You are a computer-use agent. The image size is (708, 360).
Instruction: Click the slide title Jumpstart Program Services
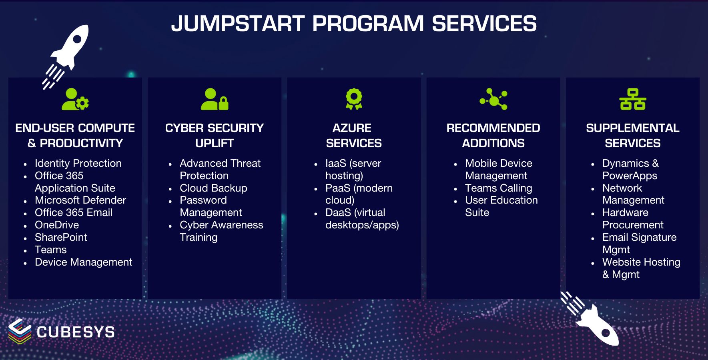click(354, 24)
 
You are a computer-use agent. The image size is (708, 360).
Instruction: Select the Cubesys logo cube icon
click(20, 331)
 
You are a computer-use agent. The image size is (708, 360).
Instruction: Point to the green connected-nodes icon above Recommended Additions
click(494, 99)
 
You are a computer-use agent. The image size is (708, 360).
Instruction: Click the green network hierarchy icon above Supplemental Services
click(632, 99)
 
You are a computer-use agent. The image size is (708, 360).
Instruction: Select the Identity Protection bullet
click(78, 163)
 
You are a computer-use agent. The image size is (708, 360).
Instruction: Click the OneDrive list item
click(57, 225)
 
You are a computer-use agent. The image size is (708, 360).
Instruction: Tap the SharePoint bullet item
click(61, 237)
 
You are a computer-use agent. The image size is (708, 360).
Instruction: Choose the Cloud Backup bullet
click(213, 188)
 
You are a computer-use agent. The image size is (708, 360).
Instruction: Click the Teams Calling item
click(498, 188)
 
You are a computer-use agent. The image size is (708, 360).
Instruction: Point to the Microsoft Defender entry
click(80, 200)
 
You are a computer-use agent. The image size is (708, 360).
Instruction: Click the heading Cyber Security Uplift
click(215, 135)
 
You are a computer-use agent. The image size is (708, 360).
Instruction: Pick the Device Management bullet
click(83, 262)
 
